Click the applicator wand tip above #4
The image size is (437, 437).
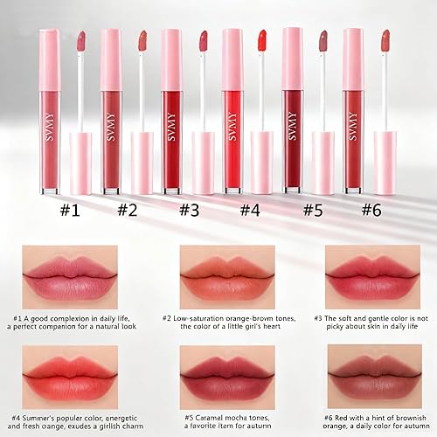[x=261, y=39]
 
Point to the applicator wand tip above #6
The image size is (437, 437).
[x=384, y=39]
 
